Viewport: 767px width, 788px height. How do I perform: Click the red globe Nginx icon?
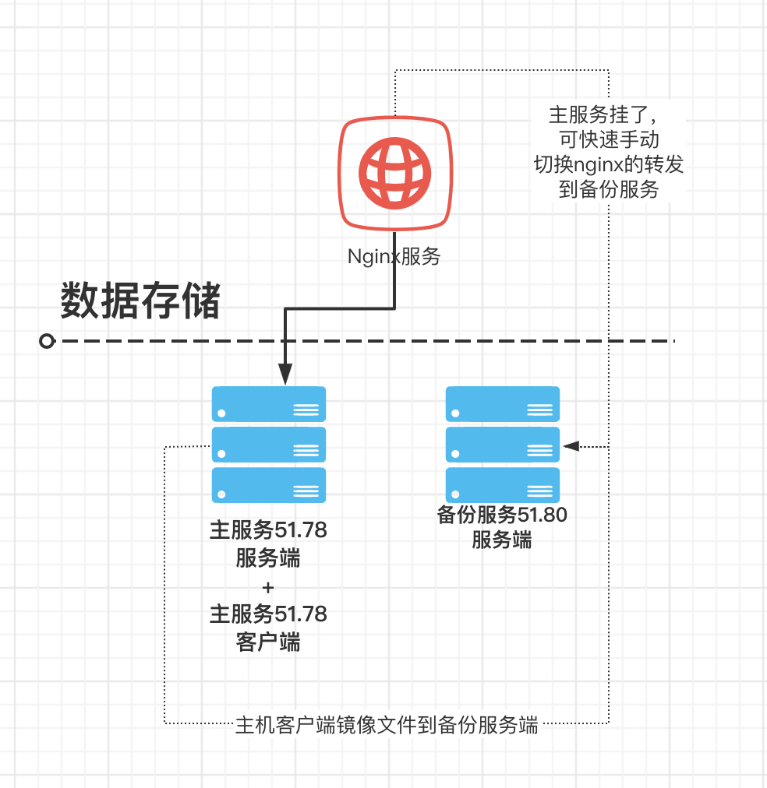point(394,173)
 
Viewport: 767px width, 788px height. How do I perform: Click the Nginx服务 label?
point(394,256)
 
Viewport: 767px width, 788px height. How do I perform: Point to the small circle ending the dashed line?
point(48,341)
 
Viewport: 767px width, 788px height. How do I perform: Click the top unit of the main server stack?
point(269,405)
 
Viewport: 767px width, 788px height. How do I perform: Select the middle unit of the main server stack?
point(269,445)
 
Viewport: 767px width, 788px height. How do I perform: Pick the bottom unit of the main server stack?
point(269,485)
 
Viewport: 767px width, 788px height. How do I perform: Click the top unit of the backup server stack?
point(503,405)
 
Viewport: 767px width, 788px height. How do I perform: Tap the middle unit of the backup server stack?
point(503,445)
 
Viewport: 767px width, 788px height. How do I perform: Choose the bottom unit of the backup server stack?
point(503,485)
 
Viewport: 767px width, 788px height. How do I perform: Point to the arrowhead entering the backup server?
point(571,446)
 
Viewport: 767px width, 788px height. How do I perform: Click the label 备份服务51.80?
point(502,515)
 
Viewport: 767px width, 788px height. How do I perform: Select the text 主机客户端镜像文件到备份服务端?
point(387,725)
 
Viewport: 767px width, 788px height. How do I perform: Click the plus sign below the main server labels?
point(268,586)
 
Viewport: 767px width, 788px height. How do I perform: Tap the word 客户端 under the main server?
point(268,642)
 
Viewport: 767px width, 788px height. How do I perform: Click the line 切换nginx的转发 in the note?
point(608,164)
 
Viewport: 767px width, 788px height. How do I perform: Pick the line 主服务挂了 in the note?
point(604,116)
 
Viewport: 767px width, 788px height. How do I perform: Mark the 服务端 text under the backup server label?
point(502,540)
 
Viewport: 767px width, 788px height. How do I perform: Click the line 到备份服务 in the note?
point(609,189)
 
